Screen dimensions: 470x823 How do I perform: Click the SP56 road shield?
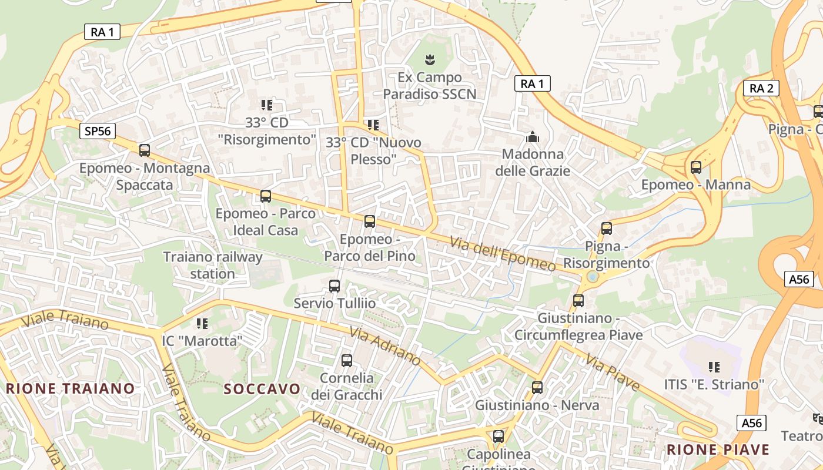tap(98, 131)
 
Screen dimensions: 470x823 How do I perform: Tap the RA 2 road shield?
tap(761, 89)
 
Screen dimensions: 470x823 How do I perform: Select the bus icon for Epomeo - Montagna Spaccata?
tap(145, 150)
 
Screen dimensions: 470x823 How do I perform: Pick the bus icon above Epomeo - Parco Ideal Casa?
tap(266, 196)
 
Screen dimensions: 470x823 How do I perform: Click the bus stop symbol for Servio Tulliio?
tap(334, 286)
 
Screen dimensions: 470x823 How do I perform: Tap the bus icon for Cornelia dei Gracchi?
tap(347, 361)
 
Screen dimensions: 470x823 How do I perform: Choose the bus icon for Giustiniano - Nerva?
tap(537, 388)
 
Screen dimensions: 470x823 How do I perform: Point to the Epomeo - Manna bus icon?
tap(696, 167)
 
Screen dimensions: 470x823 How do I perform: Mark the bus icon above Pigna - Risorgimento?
tap(607, 229)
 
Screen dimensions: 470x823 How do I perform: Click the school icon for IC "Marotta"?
tap(202, 323)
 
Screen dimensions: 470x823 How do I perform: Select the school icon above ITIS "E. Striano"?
tap(714, 367)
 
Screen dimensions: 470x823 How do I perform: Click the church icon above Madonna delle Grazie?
tap(533, 137)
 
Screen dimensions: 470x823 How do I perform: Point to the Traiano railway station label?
tap(213, 266)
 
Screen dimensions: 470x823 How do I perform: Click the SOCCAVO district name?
tap(262, 389)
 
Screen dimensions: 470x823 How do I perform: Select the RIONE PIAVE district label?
tap(718, 450)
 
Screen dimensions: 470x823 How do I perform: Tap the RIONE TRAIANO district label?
tap(71, 388)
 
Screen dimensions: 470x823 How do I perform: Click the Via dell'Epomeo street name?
tap(503, 254)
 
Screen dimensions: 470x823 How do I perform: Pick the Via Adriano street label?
tap(384, 345)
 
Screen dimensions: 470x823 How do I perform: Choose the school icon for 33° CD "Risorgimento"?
tap(267, 105)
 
